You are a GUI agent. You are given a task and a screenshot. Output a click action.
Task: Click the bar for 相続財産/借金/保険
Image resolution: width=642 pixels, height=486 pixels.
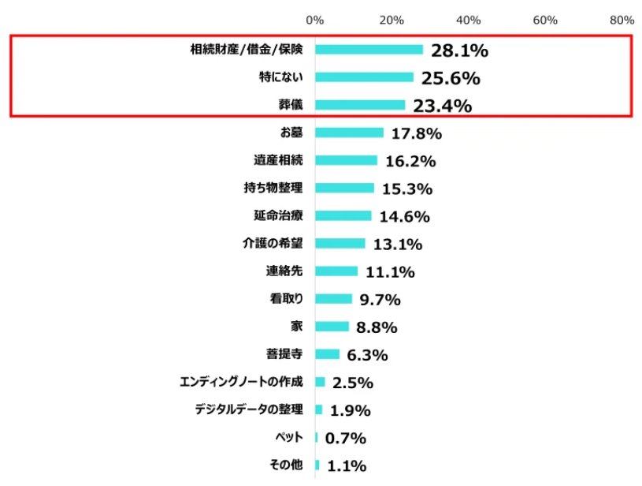[369, 49]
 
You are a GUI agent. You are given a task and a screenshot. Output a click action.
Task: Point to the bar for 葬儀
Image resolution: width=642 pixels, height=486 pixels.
[360, 105]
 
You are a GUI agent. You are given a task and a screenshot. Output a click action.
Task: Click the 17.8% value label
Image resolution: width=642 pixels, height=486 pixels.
[416, 133]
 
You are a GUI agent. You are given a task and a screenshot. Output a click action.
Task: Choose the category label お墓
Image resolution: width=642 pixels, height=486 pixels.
[292, 133]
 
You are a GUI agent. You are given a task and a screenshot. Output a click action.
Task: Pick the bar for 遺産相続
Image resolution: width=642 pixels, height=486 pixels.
[347, 160]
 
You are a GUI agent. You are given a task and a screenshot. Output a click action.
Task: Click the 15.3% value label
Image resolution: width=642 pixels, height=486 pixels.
[406, 189]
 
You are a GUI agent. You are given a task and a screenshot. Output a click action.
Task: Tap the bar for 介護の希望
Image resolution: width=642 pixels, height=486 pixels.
[340, 243]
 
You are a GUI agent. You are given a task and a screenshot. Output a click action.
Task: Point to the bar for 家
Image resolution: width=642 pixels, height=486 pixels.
[332, 327]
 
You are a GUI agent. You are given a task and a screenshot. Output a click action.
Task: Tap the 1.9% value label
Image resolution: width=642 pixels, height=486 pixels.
[351, 410]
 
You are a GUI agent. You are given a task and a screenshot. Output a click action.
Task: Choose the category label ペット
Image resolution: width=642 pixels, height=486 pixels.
[288, 437]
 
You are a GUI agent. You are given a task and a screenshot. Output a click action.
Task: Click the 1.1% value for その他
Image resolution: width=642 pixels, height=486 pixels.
[347, 465]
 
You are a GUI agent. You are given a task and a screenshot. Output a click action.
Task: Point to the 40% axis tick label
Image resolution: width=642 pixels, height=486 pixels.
[469, 19]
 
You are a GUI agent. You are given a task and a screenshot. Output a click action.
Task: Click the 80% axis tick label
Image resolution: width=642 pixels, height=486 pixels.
[622, 19]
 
